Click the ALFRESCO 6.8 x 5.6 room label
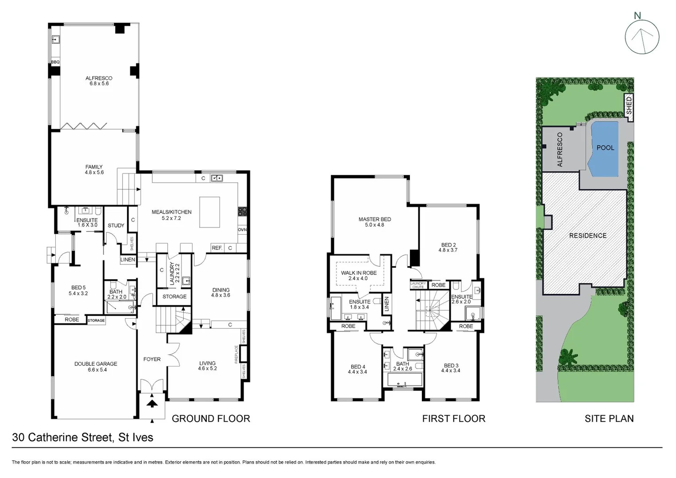pyautogui.click(x=99, y=81)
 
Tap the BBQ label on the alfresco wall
pyautogui.click(x=55, y=62)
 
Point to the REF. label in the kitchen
pyautogui.click(x=216, y=248)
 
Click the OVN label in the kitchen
pyautogui.click(x=242, y=230)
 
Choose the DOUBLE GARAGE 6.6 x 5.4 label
pyautogui.click(x=96, y=366)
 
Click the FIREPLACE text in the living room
pyautogui.click(x=236, y=355)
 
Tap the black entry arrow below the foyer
pyautogui.click(x=152, y=403)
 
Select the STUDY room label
pyautogui.click(x=116, y=225)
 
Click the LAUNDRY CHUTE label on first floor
pyautogui.click(x=418, y=285)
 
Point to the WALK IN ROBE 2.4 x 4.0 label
pyautogui.click(x=359, y=275)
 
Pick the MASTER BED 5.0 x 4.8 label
pyautogui.click(x=375, y=222)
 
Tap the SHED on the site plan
pyautogui.click(x=629, y=106)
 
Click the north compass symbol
pyautogui.click(x=642, y=38)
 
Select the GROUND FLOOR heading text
pyautogui.click(x=211, y=418)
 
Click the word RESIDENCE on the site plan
pyautogui.click(x=587, y=235)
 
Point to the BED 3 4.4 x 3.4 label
pyautogui.click(x=451, y=368)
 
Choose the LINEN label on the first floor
pyautogui.click(x=386, y=304)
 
